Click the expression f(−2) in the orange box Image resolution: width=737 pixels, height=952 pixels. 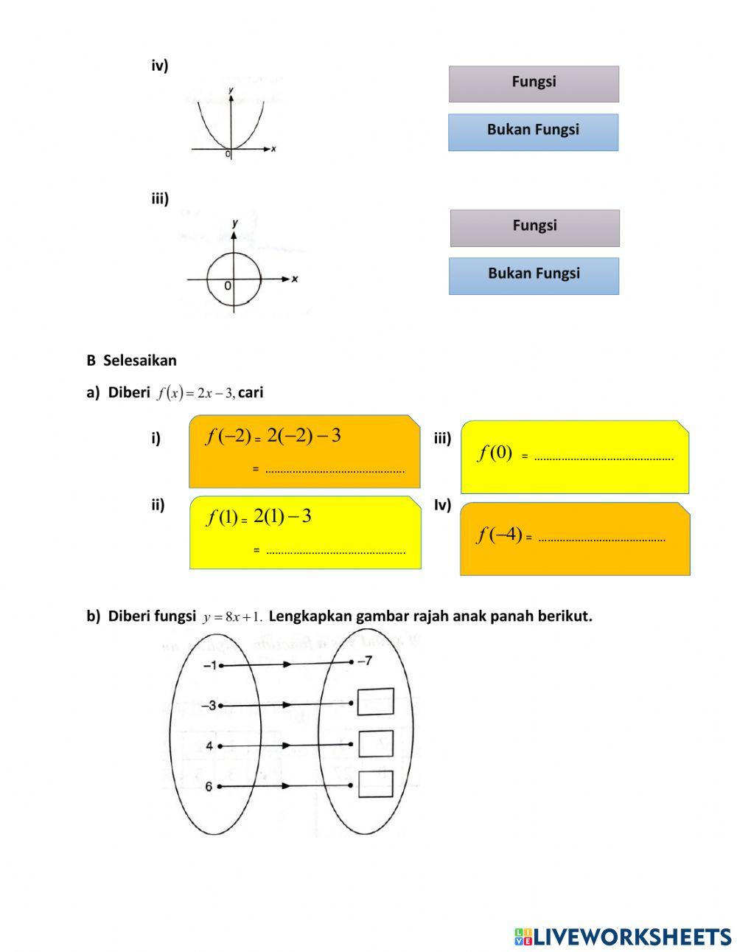pyautogui.click(x=228, y=437)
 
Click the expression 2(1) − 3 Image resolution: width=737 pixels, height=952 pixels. pyautogui.click(x=282, y=517)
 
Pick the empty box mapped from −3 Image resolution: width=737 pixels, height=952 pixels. pyautogui.click(x=375, y=702)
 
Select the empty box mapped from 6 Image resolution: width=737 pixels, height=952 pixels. pyautogui.click(x=375, y=784)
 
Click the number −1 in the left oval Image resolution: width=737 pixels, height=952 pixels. pyautogui.click(x=209, y=665)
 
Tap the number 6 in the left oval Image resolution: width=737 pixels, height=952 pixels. pyautogui.click(x=209, y=787)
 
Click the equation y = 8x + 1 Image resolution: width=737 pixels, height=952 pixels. pyautogui.click(x=232, y=616)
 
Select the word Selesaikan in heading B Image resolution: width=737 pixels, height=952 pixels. pyautogui.click(x=139, y=361)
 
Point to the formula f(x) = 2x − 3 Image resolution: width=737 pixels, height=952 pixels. pyautogui.click(x=196, y=393)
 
